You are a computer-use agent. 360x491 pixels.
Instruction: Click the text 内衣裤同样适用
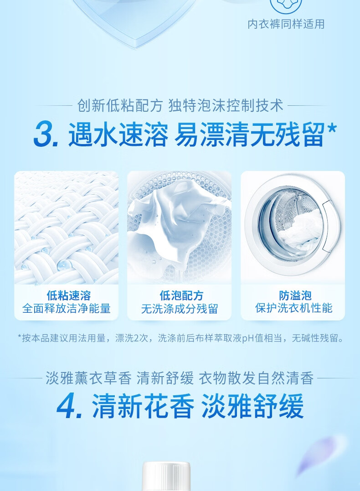click(x=286, y=24)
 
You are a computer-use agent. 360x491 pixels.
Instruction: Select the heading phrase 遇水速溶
click(x=118, y=135)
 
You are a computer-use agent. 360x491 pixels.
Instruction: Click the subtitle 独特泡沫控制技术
click(x=226, y=106)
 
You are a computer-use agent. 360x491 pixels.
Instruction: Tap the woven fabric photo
click(x=67, y=228)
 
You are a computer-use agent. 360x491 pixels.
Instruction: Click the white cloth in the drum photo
click(x=175, y=223)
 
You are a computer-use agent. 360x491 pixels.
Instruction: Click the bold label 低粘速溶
click(x=67, y=295)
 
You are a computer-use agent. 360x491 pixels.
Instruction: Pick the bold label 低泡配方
click(x=179, y=295)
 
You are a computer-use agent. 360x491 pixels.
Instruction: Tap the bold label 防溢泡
click(x=293, y=295)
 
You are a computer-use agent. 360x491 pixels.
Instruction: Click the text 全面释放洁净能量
click(x=67, y=309)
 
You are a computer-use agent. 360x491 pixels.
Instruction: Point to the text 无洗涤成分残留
click(x=179, y=309)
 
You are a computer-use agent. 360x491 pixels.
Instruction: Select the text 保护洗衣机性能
click(x=293, y=309)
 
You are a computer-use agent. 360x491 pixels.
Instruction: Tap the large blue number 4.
click(x=69, y=406)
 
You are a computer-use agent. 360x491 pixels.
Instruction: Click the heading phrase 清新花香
click(x=143, y=406)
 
